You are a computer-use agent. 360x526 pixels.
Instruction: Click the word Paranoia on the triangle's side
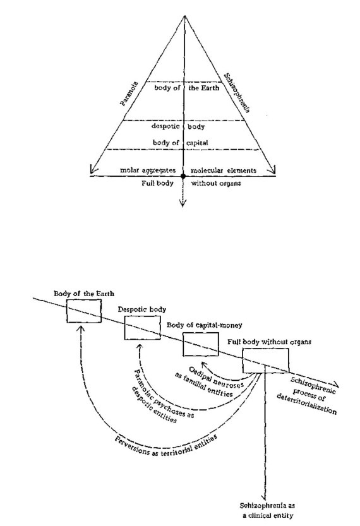pyautogui.click(x=129, y=94)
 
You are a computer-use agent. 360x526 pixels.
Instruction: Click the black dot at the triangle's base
pyautogui.click(x=183, y=176)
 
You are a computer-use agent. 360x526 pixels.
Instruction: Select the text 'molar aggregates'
pyautogui.click(x=148, y=170)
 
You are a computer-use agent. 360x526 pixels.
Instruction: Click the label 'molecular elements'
pyautogui.click(x=224, y=170)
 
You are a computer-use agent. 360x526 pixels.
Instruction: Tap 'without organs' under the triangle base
pyautogui.click(x=216, y=183)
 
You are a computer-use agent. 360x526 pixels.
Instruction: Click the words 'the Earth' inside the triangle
pyautogui.click(x=203, y=88)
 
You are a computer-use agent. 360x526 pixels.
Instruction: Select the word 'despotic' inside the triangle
pyautogui.click(x=165, y=126)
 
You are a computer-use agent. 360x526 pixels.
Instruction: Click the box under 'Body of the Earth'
pyautogui.click(x=84, y=311)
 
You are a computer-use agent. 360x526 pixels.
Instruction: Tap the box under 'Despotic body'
pyautogui.click(x=142, y=328)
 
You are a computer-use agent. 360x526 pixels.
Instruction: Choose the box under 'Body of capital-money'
pyautogui.click(x=201, y=344)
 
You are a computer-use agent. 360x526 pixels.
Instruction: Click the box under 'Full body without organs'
pyautogui.click(x=266, y=361)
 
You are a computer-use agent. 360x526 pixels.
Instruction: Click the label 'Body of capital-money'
pyautogui.click(x=205, y=325)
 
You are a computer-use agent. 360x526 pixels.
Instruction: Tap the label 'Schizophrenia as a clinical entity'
pyautogui.click(x=267, y=510)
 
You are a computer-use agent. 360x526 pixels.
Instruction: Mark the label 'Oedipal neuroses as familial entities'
pyautogui.click(x=209, y=382)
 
